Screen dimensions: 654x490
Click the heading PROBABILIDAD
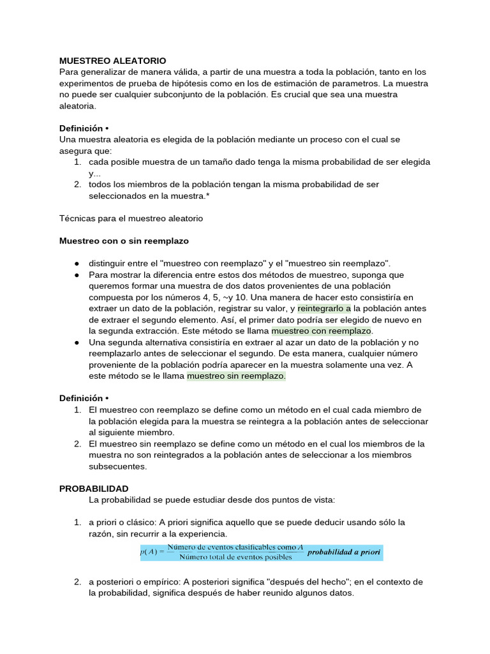pyautogui.click(x=94, y=489)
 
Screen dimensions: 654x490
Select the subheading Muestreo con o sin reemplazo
pyautogui.click(x=124, y=241)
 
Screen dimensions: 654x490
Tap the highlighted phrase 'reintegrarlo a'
pyautogui.click(x=324, y=308)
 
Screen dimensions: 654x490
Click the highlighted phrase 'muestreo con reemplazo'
pyautogui.click(x=322, y=331)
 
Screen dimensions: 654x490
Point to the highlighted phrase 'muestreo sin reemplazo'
pyautogui.click(x=236, y=377)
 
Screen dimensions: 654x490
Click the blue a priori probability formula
pyautogui.click(x=262, y=552)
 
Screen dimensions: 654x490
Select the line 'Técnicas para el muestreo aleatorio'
pyautogui.click(x=131, y=218)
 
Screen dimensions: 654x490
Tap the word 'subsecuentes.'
pyautogui.click(x=117, y=466)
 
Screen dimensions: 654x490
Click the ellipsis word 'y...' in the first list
pyautogui.click(x=94, y=173)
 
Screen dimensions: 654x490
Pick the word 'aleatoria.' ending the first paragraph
pyautogui.click(x=77, y=106)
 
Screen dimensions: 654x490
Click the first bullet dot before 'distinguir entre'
pyautogui.click(x=77, y=264)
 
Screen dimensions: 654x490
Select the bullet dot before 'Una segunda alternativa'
pyautogui.click(x=77, y=343)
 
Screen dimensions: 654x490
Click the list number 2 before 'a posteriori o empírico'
pyautogui.click(x=77, y=582)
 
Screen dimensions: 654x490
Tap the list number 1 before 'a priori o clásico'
pyautogui.click(x=77, y=522)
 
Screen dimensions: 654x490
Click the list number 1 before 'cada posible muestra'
pyautogui.click(x=77, y=162)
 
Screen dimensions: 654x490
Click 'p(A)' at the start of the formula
pyautogui.click(x=151, y=552)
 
